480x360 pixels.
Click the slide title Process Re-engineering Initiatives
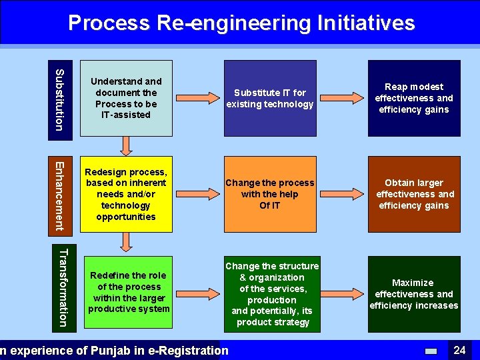241,23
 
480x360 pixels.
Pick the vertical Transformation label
62,287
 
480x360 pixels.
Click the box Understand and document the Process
126,98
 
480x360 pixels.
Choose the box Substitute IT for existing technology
270,98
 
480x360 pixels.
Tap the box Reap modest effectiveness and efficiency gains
413,98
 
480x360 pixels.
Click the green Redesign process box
126,194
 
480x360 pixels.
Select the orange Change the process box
270,194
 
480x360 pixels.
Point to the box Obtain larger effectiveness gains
413,194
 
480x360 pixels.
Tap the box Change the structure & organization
272,294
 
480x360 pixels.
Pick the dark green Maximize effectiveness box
413,294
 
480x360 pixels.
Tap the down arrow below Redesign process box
126,241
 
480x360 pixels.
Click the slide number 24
459,350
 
